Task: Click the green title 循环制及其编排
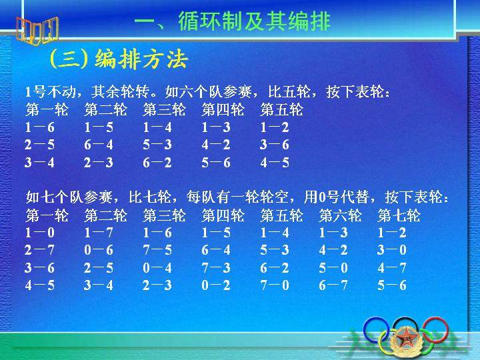[x=254, y=21]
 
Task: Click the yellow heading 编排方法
[x=141, y=59]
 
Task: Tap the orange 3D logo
[x=37, y=31]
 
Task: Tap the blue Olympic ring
[x=376, y=330]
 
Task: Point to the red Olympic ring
[x=435, y=330]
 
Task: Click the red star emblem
[x=406, y=338]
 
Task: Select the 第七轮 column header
[x=399, y=215]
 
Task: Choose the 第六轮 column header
[x=340, y=215]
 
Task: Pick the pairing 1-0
[x=40, y=233]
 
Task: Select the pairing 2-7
[x=40, y=250]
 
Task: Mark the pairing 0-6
[x=99, y=250]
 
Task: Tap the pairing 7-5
[x=157, y=250]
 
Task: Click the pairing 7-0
[x=275, y=285]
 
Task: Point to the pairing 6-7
[x=333, y=285]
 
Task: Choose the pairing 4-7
[x=392, y=268]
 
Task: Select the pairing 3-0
[x=392, y=250]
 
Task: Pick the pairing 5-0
[x=333, y=268]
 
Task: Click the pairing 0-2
[x=216, y=285]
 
